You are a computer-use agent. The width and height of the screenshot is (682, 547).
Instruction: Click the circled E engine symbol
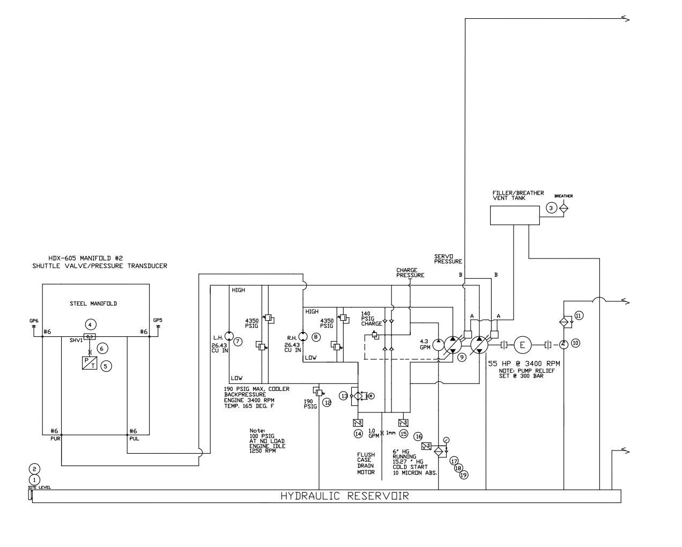tap(522, 345)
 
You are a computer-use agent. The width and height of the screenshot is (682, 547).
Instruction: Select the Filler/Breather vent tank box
tap(515, 215)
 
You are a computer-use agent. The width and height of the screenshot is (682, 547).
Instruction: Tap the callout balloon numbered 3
tap(551, 208)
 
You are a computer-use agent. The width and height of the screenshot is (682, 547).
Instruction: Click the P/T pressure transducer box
tap(90, 363)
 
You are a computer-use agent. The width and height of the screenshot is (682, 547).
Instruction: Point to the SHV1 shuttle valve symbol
tap(90, 337)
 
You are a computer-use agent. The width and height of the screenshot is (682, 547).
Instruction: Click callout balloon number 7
tap(238, 341)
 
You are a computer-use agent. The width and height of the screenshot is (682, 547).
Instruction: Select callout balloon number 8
tap(316, 337)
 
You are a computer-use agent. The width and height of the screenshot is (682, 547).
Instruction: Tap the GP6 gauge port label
tap(34, 321)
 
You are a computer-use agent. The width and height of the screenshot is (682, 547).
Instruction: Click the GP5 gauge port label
tap(158, 321)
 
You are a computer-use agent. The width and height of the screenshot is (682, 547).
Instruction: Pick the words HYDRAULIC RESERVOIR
tap(344, 496)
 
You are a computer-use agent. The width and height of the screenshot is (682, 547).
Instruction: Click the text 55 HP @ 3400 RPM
tap(524, 364)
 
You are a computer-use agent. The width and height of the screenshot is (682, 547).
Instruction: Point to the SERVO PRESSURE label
tap(448, 259)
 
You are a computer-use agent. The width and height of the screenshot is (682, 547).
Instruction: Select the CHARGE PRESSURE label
tap(410, 273)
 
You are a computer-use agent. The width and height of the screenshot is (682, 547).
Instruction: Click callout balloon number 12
tap(327, 403)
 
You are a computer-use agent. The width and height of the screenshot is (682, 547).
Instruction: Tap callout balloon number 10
tap(575, 343)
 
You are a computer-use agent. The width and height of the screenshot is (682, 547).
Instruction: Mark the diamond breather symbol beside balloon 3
tap(564, 208)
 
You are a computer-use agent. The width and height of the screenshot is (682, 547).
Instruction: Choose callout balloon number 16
tap(418, 437)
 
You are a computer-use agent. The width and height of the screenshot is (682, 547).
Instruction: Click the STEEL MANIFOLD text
tap(93, 304)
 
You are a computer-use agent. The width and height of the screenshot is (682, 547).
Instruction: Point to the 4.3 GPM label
tap(425, 344)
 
